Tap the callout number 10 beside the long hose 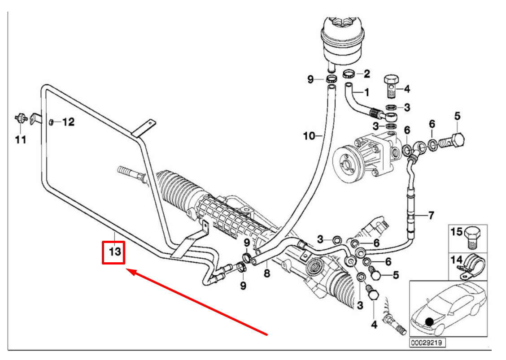click(x=310, y=135)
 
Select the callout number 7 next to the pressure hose click(x=431, y=216)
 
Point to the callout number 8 click(x=267, y=273)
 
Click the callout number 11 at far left click(x=21, y=140)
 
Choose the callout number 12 click(x=68, y=121)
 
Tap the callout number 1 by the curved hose click(x=366, y=92)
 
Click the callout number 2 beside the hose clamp click(x=366, y=73)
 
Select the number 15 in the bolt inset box click(x=456, y=232)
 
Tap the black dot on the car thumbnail click(x=430, y=321)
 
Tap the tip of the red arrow click(x=127, y=269)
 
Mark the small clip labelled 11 click(x=20, y=118)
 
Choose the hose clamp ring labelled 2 click(x=349, y=74)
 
